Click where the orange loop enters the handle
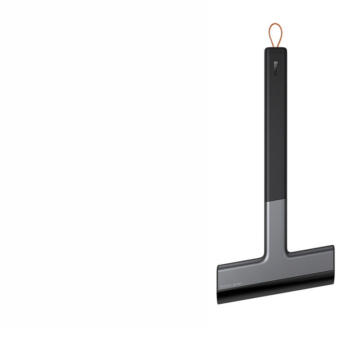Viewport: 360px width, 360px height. [x=275, y=46]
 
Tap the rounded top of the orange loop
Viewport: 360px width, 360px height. [x=275, y=25]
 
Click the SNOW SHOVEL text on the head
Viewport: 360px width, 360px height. [x=232, y=285]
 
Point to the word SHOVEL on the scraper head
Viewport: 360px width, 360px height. [x=226, y=286]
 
